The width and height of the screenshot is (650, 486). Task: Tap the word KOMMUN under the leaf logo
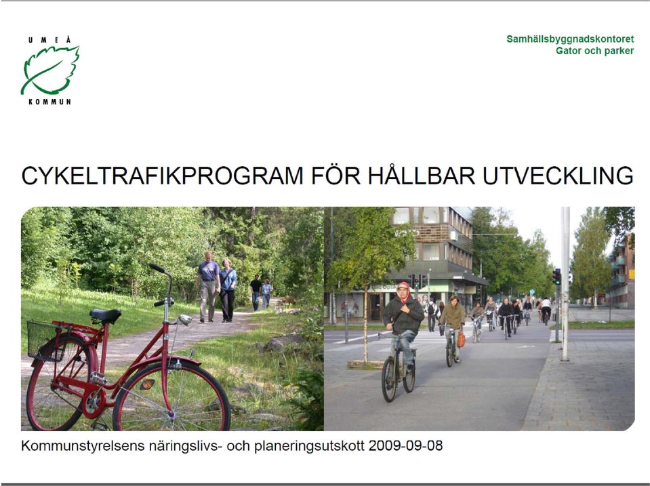[49, 102]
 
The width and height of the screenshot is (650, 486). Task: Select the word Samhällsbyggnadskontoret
[570, 39]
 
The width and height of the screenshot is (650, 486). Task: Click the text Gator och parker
[595, 51]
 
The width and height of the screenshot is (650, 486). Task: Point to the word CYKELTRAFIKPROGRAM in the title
[163, 176]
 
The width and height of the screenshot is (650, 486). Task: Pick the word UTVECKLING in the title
[558, 176]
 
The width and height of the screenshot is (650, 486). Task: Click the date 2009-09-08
[405, 446]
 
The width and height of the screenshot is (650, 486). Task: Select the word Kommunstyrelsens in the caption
[83, 446]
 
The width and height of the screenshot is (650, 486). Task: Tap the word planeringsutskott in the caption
[309, 447]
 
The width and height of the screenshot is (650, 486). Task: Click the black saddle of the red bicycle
[105, 315]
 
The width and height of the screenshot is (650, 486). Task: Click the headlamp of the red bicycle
[185, 319]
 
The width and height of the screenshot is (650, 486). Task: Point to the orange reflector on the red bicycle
[147, 384]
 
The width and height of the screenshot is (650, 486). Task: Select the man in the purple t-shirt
[209, 286]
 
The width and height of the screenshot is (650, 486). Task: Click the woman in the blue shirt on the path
[228, 290]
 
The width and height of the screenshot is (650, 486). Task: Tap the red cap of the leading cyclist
[403, 285]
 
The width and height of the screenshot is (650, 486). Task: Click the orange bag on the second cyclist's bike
[461, 339]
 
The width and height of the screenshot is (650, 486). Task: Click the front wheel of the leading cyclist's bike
[389, 380]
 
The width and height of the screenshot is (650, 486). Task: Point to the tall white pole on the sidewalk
[565, 283]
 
